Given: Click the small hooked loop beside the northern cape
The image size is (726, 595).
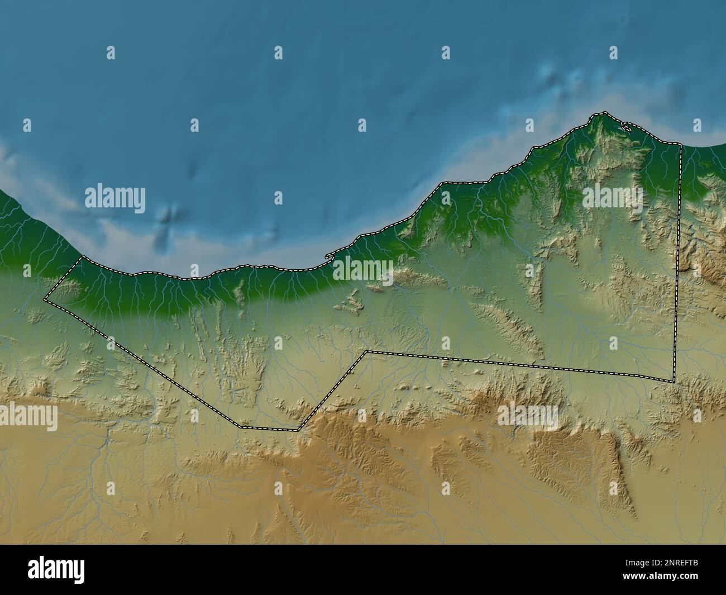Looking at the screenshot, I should click(x=626, y=127).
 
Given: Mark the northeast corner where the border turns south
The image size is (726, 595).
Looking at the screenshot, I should click(x=680, y=144).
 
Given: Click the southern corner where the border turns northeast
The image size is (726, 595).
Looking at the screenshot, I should click(x=298, y=430).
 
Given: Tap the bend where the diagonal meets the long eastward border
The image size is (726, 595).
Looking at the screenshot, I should click(x=366, y=352).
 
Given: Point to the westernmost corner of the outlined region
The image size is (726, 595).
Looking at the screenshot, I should click(x=45, y=301).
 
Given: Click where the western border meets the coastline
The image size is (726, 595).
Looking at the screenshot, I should click(x=83, y=257).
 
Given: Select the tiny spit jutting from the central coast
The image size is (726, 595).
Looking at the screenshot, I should click(x=328, y=258).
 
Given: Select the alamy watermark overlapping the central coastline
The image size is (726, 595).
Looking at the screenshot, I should click(x=364, y=270).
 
